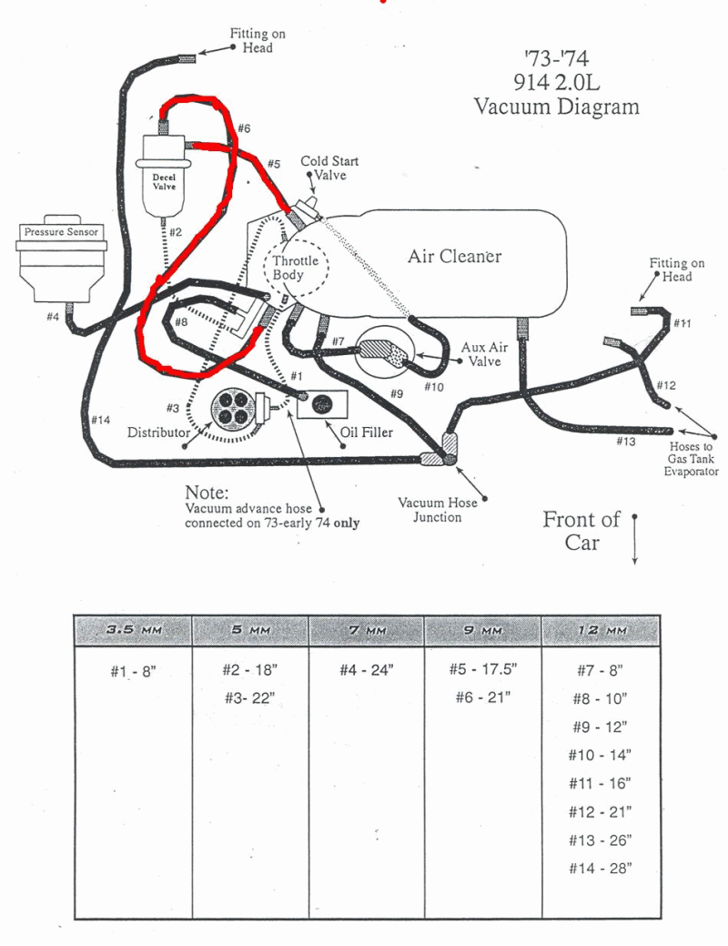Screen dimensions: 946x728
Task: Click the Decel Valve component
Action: point(164,178)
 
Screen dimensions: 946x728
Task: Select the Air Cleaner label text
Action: point(454,256)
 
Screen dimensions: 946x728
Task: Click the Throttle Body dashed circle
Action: point(296,268)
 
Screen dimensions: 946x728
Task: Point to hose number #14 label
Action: point(101,420)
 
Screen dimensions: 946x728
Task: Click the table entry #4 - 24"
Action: point(366,670)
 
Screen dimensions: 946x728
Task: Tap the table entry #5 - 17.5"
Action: point(482,670)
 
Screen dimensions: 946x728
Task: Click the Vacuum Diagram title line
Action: point(556,107)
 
